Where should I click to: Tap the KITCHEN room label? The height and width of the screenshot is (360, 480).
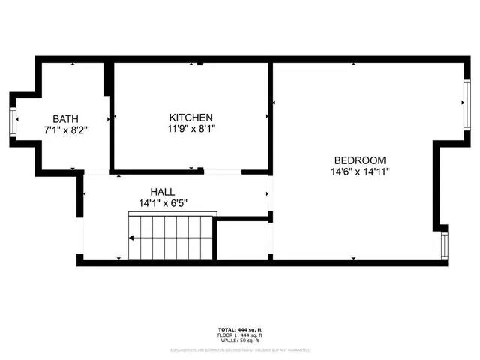pyautogui.click(x=190, y=118)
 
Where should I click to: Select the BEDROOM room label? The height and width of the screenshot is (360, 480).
pyautogui.click(x=360, y=160)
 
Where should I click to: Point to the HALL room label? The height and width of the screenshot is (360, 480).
pyautogui.click(x=162, y=192)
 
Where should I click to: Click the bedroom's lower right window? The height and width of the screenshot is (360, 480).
pyautogui.click(x=445, y=245)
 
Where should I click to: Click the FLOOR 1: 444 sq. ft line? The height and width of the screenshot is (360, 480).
pyautogui.click(x=239, y=335)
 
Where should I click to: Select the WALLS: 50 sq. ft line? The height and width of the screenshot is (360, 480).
pyautogui.click(x=239, y=340)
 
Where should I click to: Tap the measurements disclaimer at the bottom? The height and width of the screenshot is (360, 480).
pyautogui.click(x=239, y=349)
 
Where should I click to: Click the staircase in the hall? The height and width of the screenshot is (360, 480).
pyautogui.click(x=171, y=237)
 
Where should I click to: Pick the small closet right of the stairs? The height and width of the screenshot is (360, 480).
pyautogui.click(x=241, y=240)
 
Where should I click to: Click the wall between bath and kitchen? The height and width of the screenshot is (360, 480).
pyautogui.click(x=111, y=120)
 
